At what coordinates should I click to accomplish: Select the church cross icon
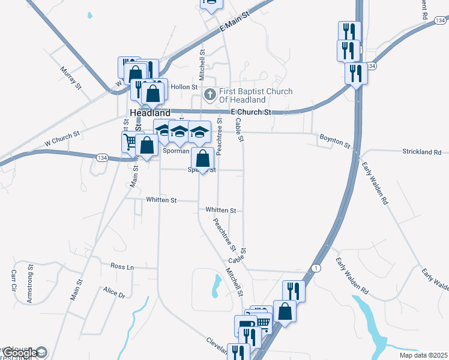209,94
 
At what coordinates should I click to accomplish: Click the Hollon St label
184,87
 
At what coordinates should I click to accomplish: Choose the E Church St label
251,113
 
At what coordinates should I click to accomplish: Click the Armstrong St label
31,287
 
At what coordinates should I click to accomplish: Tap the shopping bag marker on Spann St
203,159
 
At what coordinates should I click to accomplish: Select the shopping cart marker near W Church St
130,142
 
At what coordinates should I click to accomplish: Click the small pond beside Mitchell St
215,286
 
